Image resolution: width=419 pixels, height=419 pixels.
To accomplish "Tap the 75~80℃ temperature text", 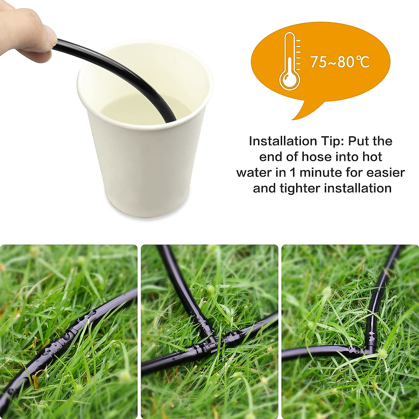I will [340, 62].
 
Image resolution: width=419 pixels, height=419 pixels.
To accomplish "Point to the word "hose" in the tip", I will [316, 157].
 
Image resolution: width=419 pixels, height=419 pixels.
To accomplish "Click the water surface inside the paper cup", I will [140, 108].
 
